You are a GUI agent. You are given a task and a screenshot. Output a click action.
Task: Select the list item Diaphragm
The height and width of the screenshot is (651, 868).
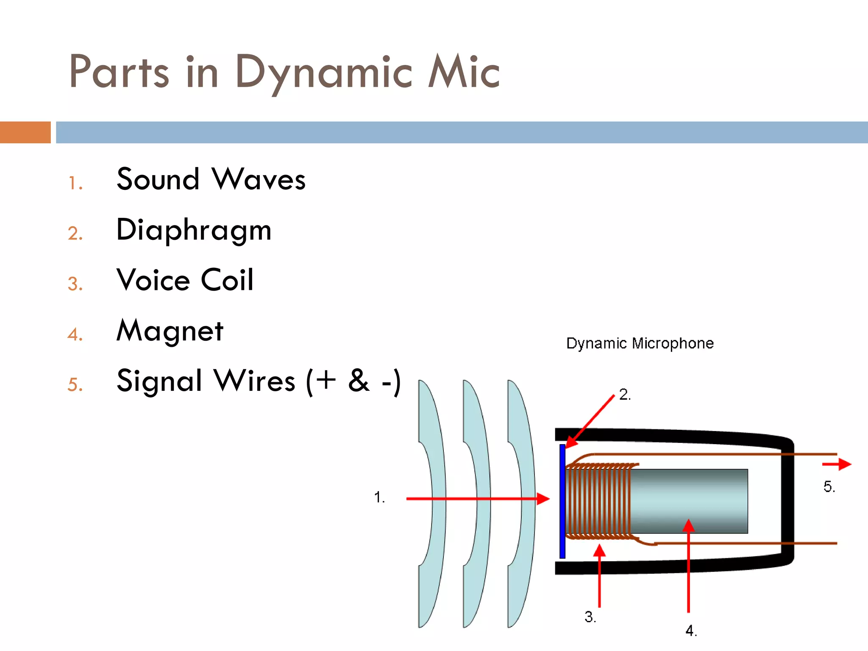[x=194, y=230]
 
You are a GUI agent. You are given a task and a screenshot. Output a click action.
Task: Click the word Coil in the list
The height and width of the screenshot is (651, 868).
[x=227, y=280]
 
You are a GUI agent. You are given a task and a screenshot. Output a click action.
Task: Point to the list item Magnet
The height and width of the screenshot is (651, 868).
[x=170, y=331]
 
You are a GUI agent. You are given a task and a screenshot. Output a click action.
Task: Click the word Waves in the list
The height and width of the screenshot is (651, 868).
[x=259, y=179]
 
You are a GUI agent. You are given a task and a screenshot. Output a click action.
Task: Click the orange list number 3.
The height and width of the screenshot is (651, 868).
[x=75, y=284]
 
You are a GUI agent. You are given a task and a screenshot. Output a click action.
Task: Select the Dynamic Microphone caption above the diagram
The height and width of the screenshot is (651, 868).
[x=640, y=343]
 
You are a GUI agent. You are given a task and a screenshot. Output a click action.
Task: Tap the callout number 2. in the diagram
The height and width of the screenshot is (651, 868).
[x=625, y=395]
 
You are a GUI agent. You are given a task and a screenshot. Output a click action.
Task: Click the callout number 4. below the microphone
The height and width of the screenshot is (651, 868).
[x=691, y=631]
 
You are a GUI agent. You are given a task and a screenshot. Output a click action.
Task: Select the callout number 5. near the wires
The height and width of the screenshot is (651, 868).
[x=829, y=487]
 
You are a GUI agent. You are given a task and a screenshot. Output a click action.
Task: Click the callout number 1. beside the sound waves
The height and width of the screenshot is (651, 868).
[x=379, y=497]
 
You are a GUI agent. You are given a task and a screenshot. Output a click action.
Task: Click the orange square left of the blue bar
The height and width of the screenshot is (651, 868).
[x=25, y=132]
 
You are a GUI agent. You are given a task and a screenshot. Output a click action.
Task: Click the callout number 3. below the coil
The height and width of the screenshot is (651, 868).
[x=590, y=617]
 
